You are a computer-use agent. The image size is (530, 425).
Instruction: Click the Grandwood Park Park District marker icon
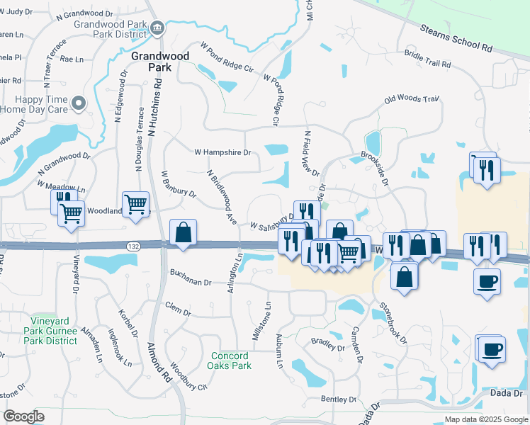tap(157, 29)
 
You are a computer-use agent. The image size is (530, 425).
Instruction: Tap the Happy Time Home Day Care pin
tap(79, 103)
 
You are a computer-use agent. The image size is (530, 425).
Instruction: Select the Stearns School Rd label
tap(456, 38)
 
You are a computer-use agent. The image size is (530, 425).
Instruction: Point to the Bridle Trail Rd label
tap(427, 58)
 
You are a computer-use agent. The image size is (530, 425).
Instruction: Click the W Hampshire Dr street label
tap(222, 152)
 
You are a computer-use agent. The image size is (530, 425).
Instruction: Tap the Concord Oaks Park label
tap(229, 361)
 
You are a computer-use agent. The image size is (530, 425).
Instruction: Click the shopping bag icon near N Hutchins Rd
tap(184, 232)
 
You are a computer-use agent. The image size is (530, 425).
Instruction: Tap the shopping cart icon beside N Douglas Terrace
tap(135, 204)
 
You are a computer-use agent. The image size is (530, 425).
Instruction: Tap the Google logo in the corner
tap(23, 416)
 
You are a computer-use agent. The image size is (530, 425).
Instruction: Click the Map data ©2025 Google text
tap(485, 419)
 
